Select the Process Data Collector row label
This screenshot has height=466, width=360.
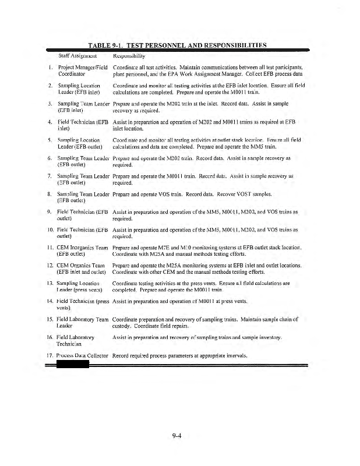coord(82,355)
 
